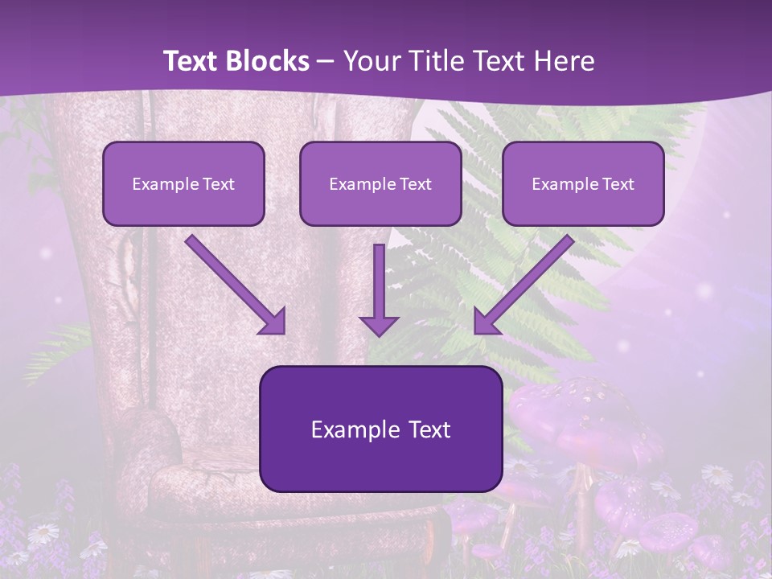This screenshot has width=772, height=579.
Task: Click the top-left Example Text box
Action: (183, 183)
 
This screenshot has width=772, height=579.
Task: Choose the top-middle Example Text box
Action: (380, 183)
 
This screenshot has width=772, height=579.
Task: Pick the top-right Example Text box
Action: (583, 183)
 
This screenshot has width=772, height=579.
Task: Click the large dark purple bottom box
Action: (380, 429)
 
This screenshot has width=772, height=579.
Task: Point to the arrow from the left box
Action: (233, 282)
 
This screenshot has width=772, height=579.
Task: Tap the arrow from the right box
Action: (526, 282)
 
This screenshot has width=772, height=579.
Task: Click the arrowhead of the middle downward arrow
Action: (380, 325)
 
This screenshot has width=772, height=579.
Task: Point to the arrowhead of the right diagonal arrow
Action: (486, 322)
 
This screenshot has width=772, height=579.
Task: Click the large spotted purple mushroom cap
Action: (563, 406)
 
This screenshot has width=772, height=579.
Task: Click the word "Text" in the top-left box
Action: (219, 183)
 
